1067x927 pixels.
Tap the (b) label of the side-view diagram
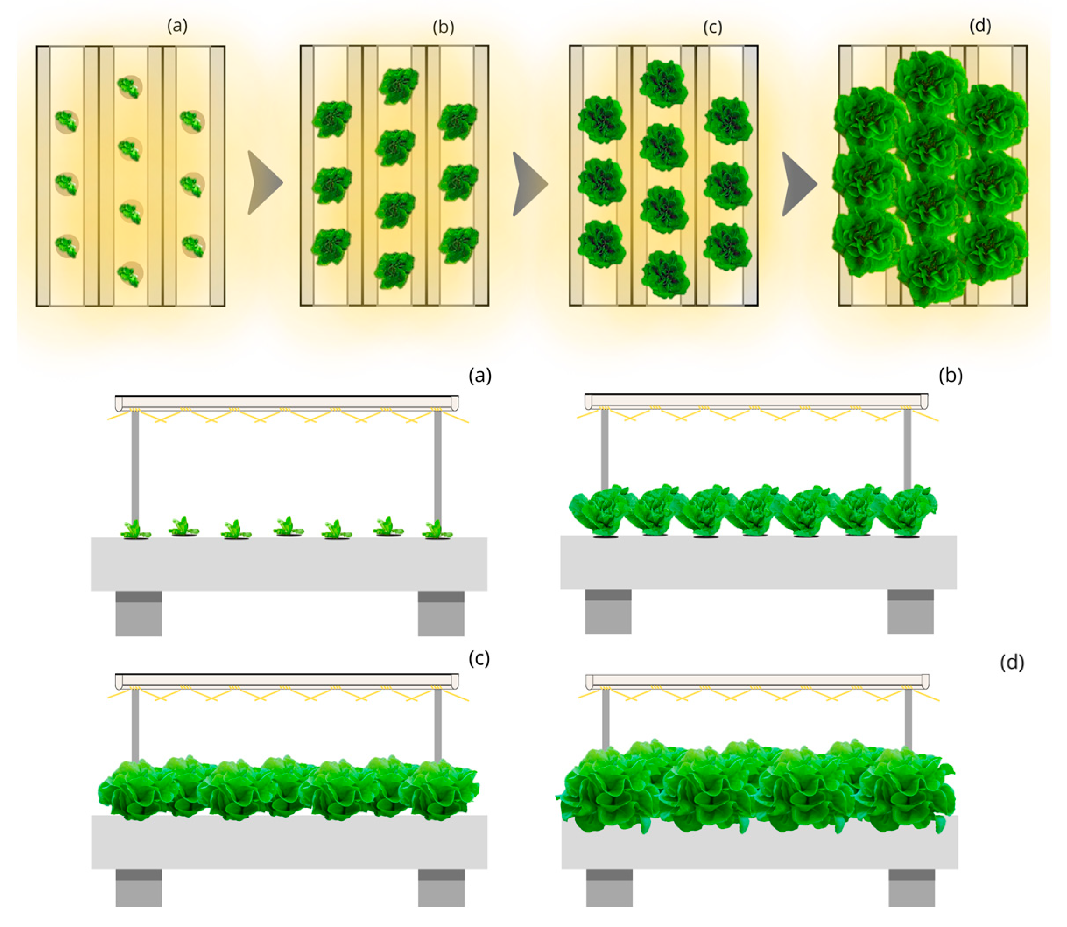(951, 376)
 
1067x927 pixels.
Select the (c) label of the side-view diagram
(479, 659)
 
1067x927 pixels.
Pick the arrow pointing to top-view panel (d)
(797, 183)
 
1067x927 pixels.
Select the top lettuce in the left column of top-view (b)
(332, 119)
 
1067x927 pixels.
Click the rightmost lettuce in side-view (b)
(909, 510)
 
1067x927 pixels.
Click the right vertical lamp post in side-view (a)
(437, 465)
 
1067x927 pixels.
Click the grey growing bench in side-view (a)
(289, 564)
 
